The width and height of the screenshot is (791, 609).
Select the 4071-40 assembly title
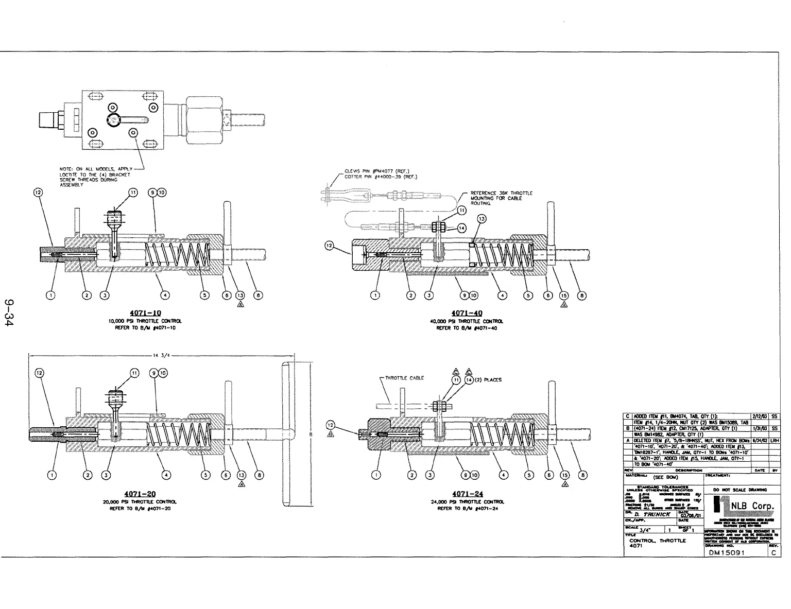467,313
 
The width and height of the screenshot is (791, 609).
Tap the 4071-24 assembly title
468,494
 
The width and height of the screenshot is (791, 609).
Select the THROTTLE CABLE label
404,378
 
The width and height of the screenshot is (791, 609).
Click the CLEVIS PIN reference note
377,171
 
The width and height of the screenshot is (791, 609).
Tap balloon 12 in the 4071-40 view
330,246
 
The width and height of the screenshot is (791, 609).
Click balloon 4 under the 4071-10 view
165,295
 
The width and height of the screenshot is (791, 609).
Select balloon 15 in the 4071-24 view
564,475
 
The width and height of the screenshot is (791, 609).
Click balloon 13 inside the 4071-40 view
482,219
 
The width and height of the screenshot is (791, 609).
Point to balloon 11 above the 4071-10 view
133,193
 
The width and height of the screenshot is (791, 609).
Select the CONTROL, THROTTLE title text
658,541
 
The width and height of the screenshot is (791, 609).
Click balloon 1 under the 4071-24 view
376,475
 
